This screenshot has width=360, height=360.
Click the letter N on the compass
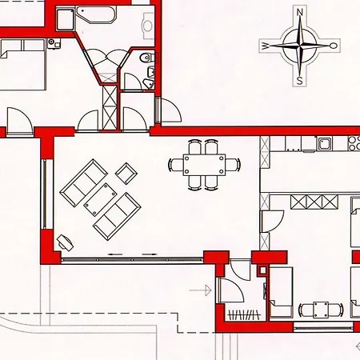(300, 12)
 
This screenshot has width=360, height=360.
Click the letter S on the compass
(300, 80)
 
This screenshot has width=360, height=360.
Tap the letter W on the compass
(265, 46)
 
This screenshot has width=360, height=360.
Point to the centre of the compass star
(300, 46)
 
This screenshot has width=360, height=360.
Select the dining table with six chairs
(204, 165)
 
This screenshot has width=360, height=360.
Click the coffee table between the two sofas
(100, 199)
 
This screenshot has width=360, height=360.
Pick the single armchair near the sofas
(126, 174)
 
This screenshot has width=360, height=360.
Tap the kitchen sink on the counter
(324, 143)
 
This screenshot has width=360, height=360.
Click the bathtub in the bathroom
(96, 15)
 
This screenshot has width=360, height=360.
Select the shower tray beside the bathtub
(65, 19)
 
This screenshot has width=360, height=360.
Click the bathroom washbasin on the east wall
(147, 26)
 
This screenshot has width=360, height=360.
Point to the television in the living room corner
(65, 243)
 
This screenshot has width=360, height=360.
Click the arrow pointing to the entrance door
(201, 290)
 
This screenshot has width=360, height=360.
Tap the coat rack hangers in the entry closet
(244, 315)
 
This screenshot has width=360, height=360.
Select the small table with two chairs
(321, 310)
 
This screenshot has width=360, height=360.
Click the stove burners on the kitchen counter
(354, 143)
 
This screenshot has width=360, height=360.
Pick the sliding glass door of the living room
(132, 259)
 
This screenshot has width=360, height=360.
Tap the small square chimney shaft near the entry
(263, 270)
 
